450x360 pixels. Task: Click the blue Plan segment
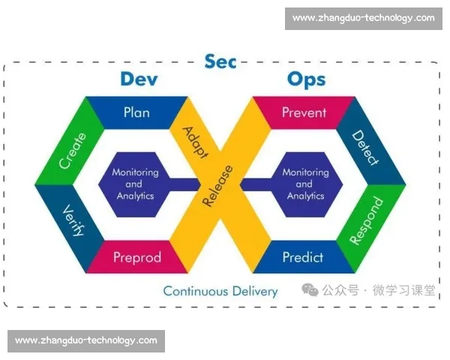pyautogui.click(x=136, y=113)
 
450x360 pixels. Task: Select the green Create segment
pyautogui.click(x=72, y=150)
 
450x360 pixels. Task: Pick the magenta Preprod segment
pyautogui.click(x=137, y=257)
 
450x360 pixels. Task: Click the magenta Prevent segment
pyautogui.click(x=304, y=113)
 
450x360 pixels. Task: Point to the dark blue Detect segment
pyautogui.click(x=366, y=149)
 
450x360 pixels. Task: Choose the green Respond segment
pyautogui.click(x=367, y=220)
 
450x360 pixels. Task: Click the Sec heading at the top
pyautogui.click(x=220, y=61)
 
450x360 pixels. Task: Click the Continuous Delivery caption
pyautogui.click(x=220, y=291)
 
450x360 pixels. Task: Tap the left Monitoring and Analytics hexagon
pyautogui.click(x=136, y=184)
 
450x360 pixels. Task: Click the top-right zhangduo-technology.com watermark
pyautogui.click(x=363, y=18)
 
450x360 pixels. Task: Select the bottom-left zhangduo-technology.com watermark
pyautogui.click(x=86, y=340)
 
